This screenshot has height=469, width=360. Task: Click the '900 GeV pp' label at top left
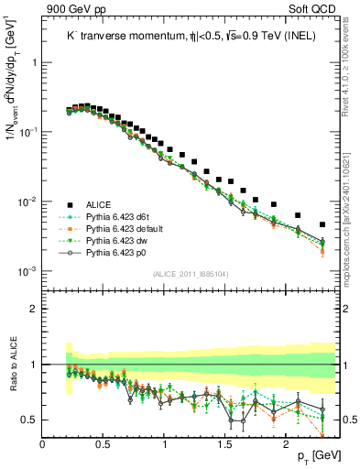[x=74, y=9]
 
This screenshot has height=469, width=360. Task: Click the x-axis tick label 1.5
[x=225, y=444]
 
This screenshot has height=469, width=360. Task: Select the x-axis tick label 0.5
[x=104, y=444]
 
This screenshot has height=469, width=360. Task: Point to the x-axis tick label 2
[x=286, y=444]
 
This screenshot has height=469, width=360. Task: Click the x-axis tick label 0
[x=43, y=444]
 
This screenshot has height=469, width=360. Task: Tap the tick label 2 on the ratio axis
[x=34, y=309]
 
